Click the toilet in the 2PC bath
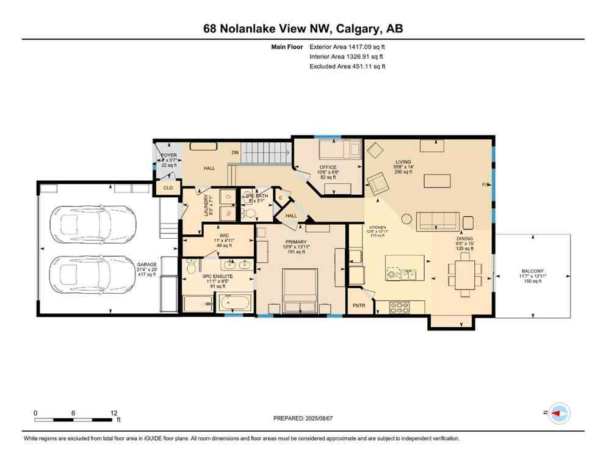coord(249,213)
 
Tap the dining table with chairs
coord(463,274)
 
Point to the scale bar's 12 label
coord(113,413)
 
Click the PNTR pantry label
coord(359,306)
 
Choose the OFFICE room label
coord(328,167)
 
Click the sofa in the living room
coord(438,220)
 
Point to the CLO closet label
coord(168,188)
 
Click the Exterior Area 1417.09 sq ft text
coord(347,46)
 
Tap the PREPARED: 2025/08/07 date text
coord(304,418)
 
